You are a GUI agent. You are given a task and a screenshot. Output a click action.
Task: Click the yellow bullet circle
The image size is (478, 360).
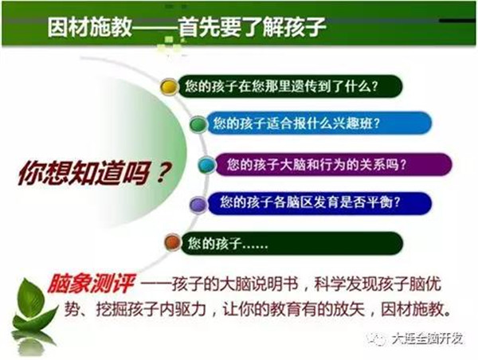click(x=170, y=87)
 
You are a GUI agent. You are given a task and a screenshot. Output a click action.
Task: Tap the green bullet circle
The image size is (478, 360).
click(x=198, y=124)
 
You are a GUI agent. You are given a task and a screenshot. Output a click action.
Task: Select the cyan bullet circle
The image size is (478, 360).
click(x=207, y=165)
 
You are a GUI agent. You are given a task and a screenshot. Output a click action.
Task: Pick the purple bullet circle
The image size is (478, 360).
click(x=198, y=204)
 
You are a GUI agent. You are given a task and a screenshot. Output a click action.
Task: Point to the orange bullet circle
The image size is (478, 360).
click(x=173, y=243)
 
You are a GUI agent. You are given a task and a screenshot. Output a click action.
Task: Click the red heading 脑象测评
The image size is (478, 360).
click(x=91, y=284)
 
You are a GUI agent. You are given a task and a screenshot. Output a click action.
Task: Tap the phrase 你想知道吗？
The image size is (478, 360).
click(x=95, y=173)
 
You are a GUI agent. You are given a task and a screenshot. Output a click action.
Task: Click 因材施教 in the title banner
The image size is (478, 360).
click(x=89, y=27)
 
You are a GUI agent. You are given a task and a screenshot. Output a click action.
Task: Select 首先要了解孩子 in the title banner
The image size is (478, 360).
click(x=252, y=27)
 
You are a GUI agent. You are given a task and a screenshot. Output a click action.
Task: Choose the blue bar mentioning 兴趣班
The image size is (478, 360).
click(x=319, y=123)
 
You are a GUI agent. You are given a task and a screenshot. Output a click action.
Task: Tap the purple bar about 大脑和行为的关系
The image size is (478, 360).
click(x=333, y=165)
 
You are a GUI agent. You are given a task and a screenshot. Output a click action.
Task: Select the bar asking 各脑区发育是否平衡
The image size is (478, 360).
click(x=319, y=203)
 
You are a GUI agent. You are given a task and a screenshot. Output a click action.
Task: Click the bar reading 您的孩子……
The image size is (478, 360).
click(x=292, y=243)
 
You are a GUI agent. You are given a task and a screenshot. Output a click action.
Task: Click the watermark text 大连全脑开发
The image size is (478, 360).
click(x=427, y=338)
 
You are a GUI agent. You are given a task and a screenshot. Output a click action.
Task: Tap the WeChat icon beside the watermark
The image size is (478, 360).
click(x=377, y=338)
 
